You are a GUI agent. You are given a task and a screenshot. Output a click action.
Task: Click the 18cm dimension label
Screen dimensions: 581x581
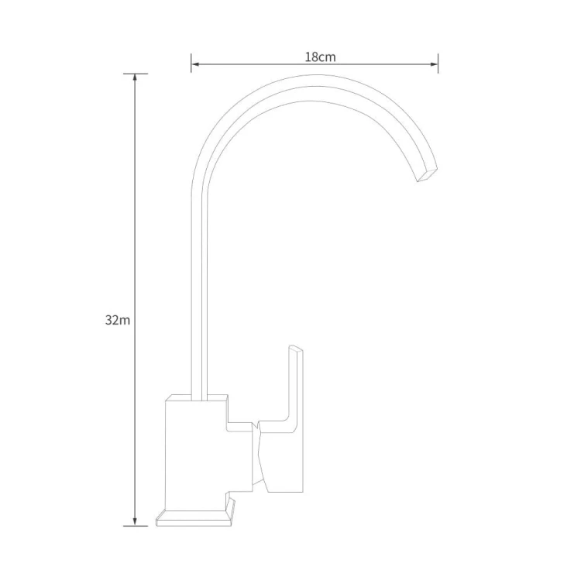[320, 57]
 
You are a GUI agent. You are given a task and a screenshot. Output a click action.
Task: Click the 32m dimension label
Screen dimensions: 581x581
[118, 320]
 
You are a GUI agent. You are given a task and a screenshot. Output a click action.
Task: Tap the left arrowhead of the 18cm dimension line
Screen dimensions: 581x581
[195, 64]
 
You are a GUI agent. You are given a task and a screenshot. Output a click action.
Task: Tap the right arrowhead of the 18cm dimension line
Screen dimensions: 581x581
[434, 64]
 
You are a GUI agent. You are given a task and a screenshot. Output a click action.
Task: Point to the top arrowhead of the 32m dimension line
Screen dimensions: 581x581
[135, 77]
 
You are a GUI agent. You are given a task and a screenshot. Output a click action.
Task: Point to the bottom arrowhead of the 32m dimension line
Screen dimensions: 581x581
[135, 521]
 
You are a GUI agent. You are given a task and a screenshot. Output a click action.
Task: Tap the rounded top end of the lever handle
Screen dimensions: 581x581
[295, 348]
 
